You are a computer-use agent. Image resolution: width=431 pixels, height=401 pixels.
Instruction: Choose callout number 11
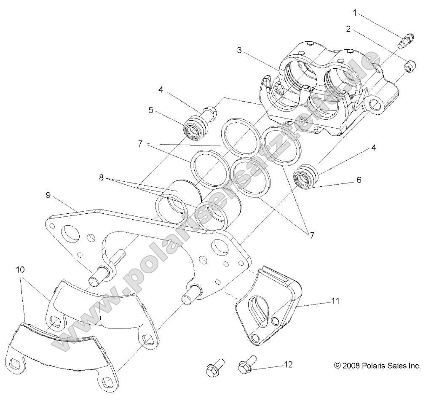[x=335, y=301]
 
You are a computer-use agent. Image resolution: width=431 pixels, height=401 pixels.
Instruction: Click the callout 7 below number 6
[x=312, y=235]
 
